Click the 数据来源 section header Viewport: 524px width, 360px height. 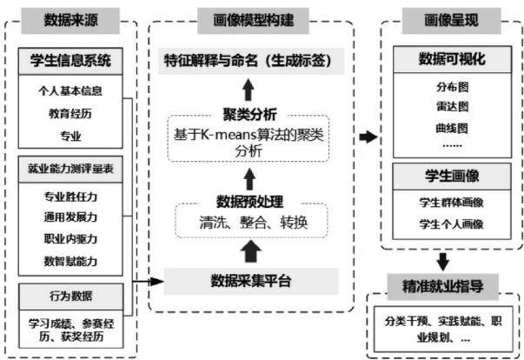pos(70,21)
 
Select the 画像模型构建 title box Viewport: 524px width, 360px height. pos(253,21)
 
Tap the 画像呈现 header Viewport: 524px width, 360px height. pos(452,21)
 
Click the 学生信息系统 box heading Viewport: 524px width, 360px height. pos(70,61)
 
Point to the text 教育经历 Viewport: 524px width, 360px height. pos(70,114)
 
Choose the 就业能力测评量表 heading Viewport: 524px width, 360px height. pos(70,170)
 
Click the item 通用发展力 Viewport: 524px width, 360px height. pos(70,217)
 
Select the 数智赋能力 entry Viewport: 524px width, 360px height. pos(70,261)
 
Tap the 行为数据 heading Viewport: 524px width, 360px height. pos(71,297)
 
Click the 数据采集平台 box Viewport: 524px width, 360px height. pos(251,281)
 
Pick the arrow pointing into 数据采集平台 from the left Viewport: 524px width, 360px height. pos(148,282)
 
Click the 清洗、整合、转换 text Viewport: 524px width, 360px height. pos(253,223)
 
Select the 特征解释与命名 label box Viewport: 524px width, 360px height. pos(251,61)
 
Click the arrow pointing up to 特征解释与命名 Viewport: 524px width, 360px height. pos(248,90)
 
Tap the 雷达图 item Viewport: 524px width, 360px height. pos(452,107)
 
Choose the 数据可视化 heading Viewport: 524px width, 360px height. pos(452,59)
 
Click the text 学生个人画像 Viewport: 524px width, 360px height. pos(452,224)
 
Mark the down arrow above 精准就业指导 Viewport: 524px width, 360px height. pos(443,262)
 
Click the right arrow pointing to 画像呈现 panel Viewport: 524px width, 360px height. pos(368,137)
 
